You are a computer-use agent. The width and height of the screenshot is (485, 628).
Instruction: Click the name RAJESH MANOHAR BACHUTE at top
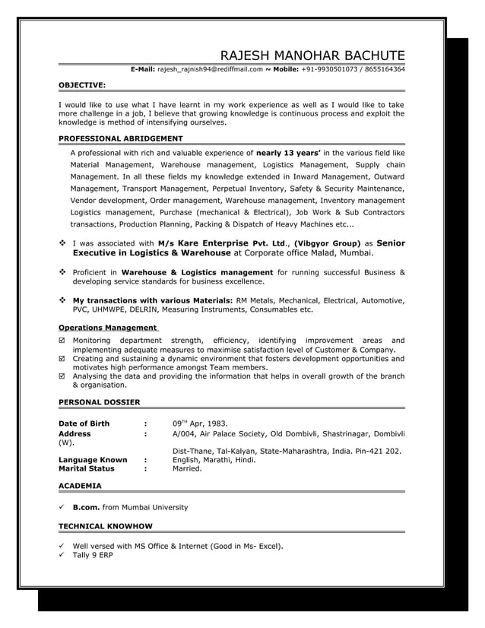(x=312, y=55)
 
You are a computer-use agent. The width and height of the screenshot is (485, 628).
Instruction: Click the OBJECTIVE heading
(x=82, y=86)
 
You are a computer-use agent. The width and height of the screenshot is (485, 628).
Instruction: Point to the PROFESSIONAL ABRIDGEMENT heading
(x=120, y=138)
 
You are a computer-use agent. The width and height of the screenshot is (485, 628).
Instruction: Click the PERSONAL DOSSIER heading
(x=99, y=401)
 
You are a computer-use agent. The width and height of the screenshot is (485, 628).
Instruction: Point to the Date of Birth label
(x=84, y=423)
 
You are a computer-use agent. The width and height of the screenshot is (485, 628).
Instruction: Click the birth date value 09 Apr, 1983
(x=200, y=423)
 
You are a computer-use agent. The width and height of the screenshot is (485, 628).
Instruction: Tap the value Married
(x=187, y=469)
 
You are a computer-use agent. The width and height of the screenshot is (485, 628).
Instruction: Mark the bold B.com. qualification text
(x=86, y=507)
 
